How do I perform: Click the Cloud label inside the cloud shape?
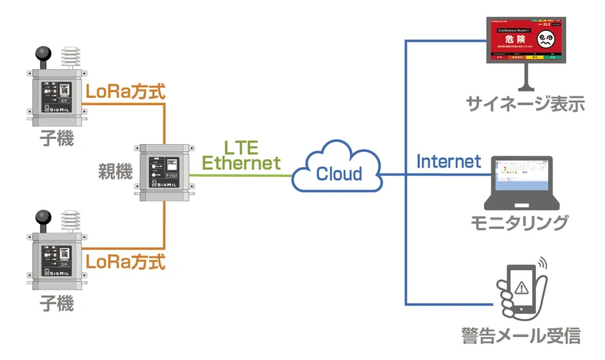coord(339,174)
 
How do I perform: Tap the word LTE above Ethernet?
coord(241,146)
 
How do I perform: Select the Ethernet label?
coord(241,163)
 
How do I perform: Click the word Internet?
coord(449,161)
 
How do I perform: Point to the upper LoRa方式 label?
coord(125,92)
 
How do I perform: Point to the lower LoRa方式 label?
coord(125,261)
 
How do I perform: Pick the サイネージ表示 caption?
coord(524,104)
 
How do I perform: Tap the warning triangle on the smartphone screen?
coord(521,283)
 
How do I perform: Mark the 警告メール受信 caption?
coord(520,336)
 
